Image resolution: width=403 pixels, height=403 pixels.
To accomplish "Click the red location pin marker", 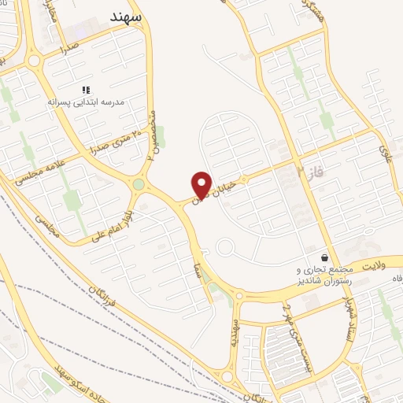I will [202, 183].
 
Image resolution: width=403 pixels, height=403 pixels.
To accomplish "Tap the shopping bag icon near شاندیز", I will [324, 257].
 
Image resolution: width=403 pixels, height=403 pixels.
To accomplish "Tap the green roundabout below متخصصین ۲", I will [139, 185].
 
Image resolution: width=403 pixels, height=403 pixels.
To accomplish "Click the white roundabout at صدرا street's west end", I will [34, 61].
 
